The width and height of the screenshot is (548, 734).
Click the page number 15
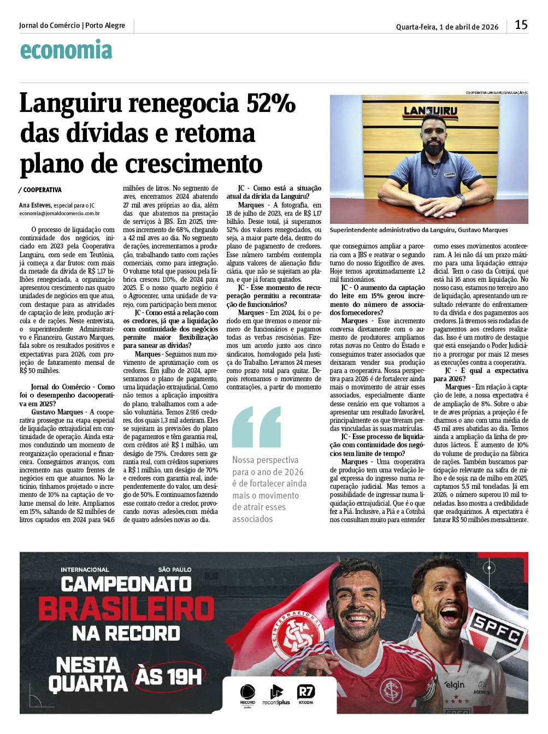tap(521, 25)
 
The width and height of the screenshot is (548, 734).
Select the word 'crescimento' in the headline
tap(194, 163)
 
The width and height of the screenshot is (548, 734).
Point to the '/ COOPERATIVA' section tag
tap(40, 190)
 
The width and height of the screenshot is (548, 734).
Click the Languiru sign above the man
tap(430, 111)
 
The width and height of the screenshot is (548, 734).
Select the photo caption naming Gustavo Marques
tap(419, 230)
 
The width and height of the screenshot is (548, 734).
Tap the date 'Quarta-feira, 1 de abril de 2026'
tap(447, 26)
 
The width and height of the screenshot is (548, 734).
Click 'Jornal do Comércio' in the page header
tap(50, 25)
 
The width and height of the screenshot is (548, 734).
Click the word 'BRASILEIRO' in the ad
tap(126, 608)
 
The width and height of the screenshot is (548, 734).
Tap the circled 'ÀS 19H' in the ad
tap(169, 676)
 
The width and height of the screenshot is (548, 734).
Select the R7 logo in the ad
tap(306, 694)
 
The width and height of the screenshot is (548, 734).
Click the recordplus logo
tap(276, 695)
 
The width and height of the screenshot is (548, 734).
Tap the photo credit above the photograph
tap(497, 92)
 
